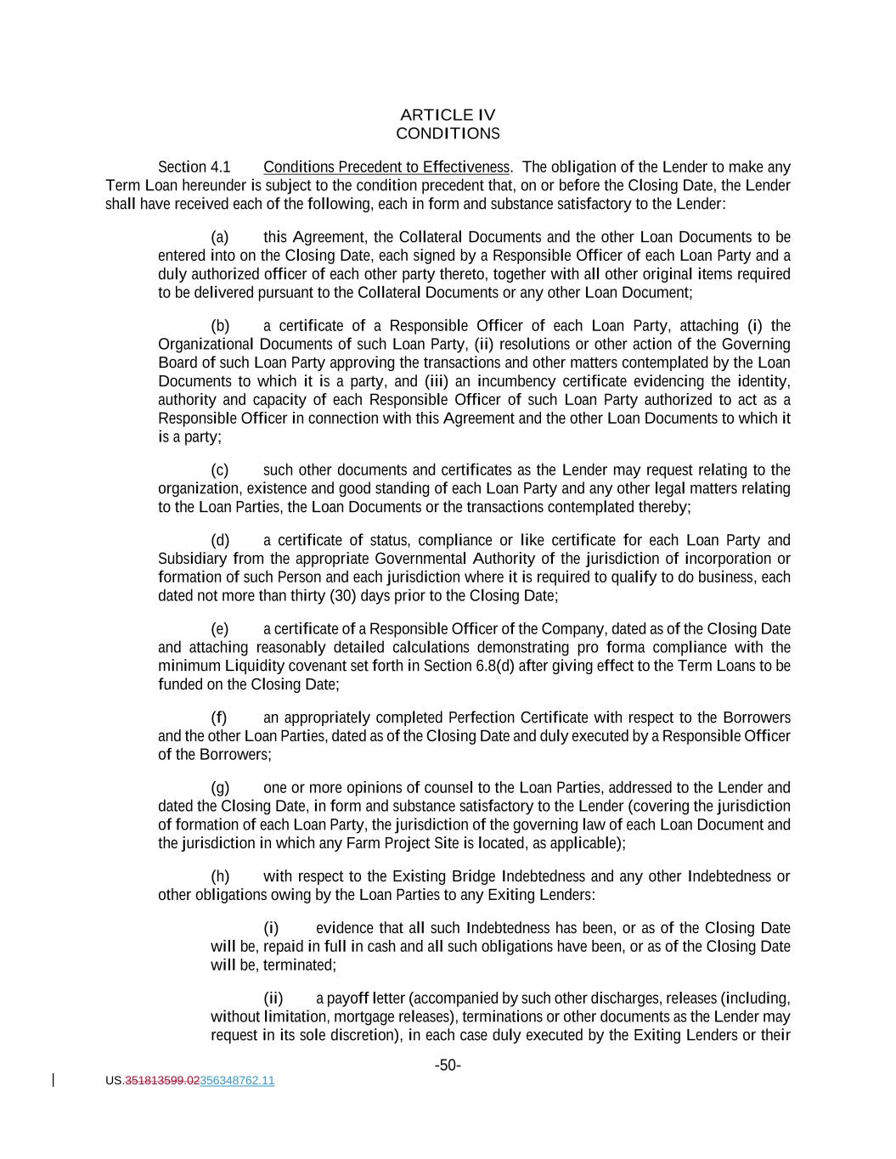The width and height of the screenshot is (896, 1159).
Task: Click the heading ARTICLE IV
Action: (x=448, y=115)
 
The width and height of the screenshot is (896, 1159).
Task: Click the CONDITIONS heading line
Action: (x=448, y=133)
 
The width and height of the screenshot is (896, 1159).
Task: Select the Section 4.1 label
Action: (x=194, y=167)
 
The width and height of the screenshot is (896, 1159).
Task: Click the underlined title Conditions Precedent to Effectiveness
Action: (x=386, y=167)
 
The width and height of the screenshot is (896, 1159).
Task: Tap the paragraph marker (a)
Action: (x=219, y=237)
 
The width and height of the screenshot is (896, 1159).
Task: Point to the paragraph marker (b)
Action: (x=220, y=325)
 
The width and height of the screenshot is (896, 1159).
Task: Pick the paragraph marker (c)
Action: (x=219, y=470)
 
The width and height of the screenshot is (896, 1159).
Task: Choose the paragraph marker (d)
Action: (x=220, y=540)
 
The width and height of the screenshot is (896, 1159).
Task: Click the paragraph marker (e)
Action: (x=220, y=628)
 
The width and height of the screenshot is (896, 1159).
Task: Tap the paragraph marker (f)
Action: (x=218, y=717)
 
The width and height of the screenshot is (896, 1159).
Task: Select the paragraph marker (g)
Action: (x=220, y=787)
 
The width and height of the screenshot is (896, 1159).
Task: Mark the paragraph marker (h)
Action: (x=220, y=876)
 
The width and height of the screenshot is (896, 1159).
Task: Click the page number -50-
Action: (x=448, y=1065)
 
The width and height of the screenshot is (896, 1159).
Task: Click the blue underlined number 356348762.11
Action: (x=237, y=1081)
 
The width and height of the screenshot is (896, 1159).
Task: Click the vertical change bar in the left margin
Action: (x=54, y=1080)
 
